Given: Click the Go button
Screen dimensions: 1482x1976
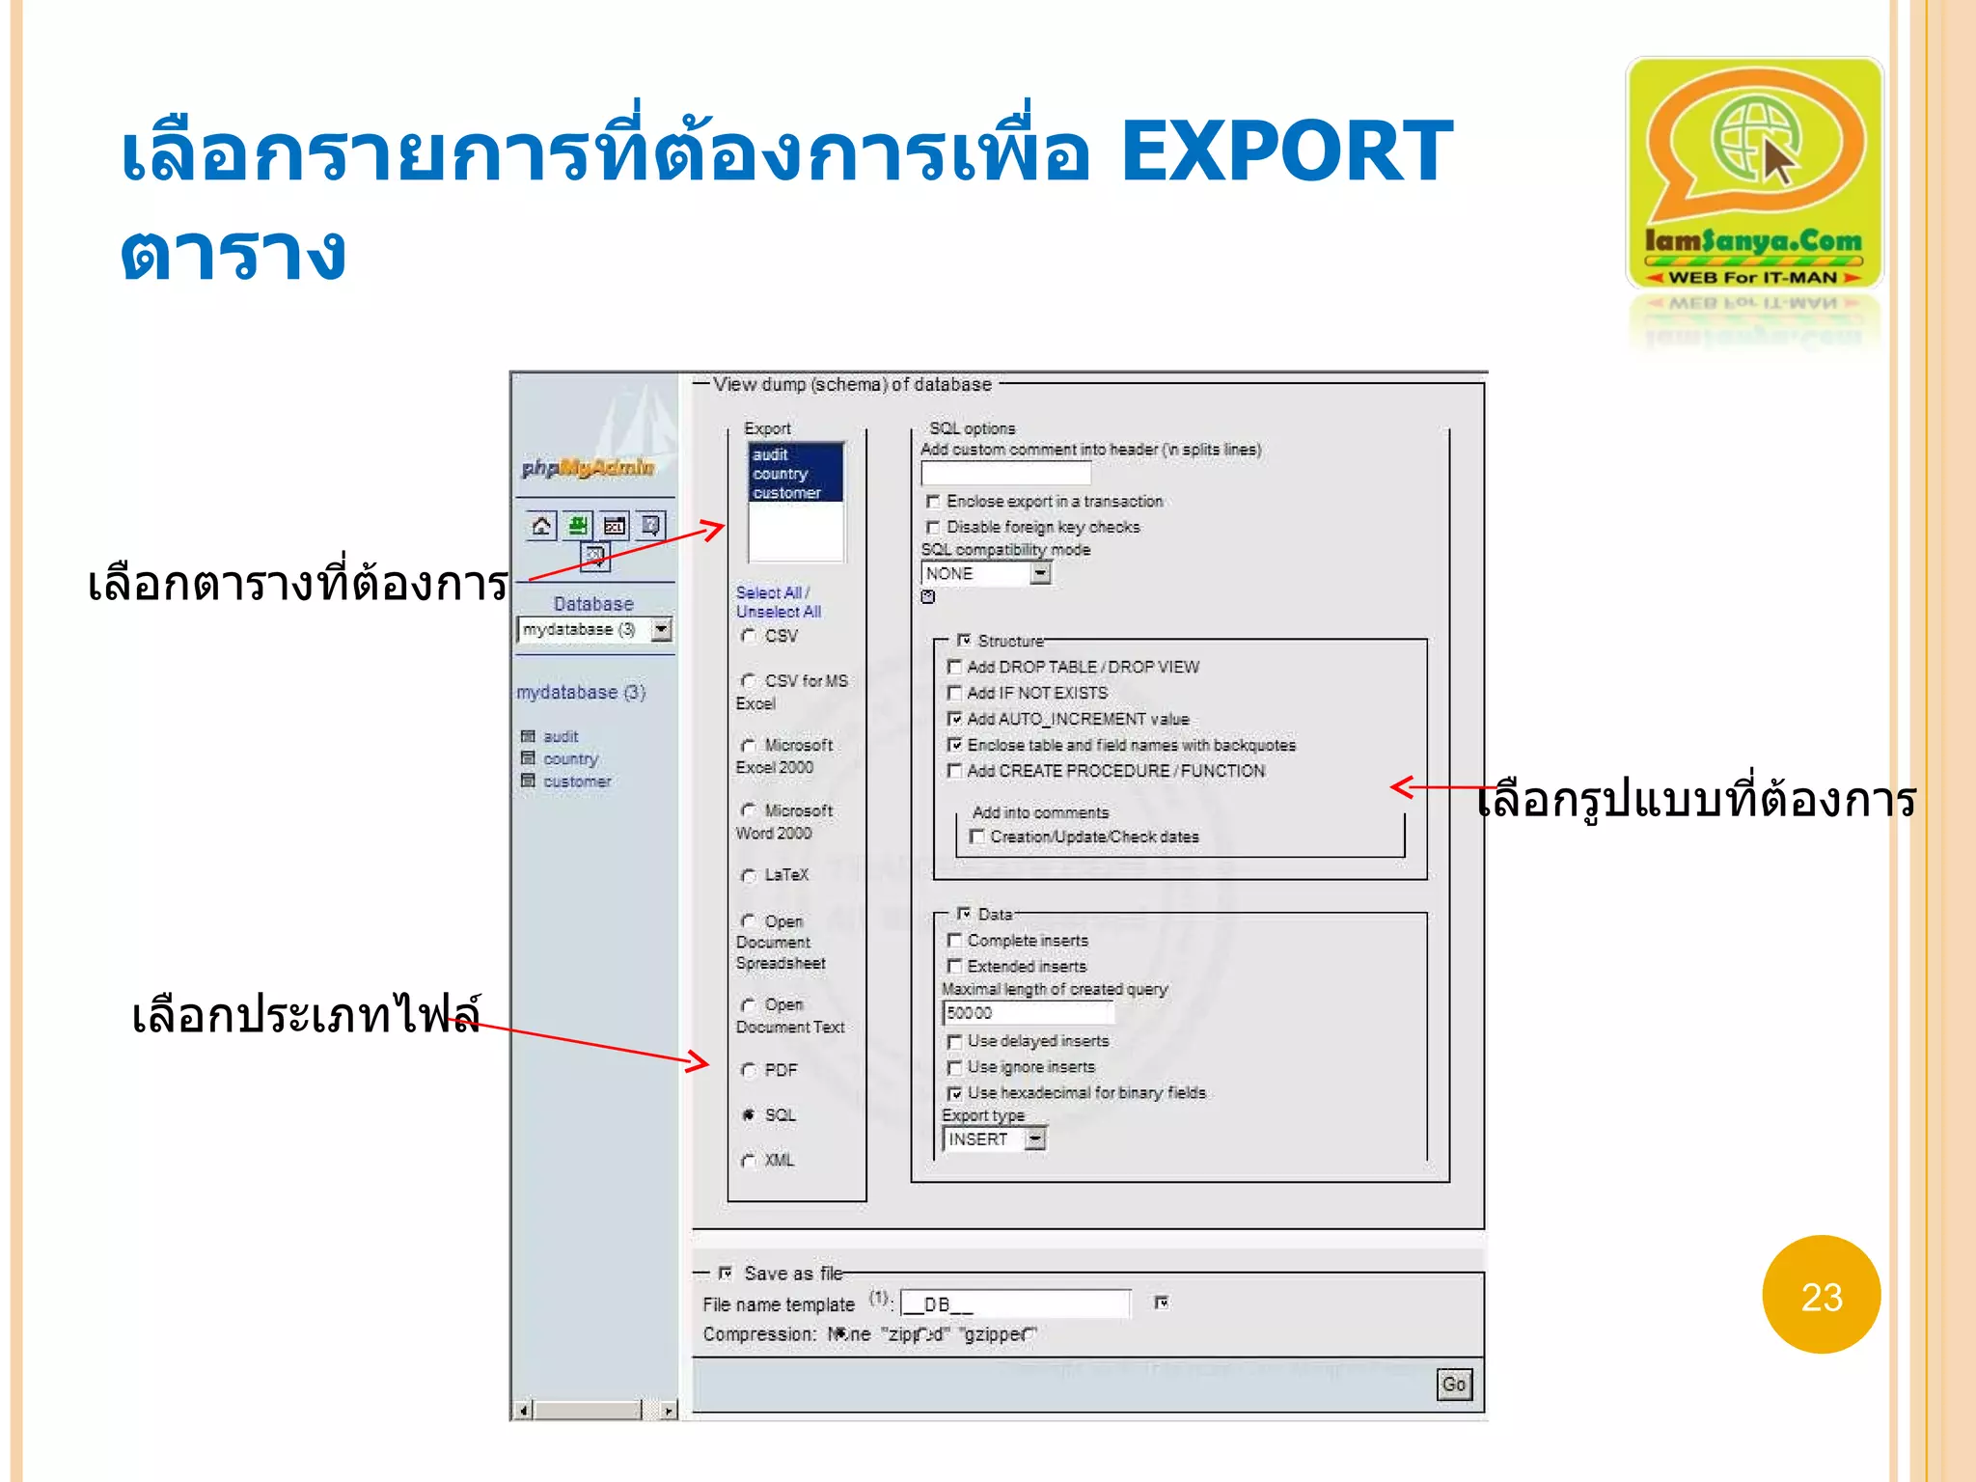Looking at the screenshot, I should (1453, 1385).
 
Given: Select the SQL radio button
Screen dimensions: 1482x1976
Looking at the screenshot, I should (749, 1115).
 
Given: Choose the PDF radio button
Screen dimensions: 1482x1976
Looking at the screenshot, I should (749, 1070).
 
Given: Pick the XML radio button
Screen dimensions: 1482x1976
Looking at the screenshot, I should (749, 1161).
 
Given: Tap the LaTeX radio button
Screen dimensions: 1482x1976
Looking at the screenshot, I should (749, 875).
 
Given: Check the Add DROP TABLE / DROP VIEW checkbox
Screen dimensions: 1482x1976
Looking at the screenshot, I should (954, 667).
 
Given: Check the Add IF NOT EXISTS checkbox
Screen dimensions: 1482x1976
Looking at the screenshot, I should (954, 693).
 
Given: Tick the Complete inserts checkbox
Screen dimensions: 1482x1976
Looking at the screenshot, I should (954, 940).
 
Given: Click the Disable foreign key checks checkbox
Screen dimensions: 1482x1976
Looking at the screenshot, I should (933, 527).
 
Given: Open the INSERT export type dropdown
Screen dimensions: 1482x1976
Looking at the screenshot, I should (1034, 1139).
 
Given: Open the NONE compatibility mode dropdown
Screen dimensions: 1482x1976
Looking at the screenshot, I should (1039, 573).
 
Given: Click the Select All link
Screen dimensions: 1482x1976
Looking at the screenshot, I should (769, 592).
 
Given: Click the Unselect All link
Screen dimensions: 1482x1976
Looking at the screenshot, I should (778, 612).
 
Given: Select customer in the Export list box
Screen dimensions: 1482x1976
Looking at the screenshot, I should (786, 493).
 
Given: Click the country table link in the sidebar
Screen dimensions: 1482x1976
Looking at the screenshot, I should (570, 759).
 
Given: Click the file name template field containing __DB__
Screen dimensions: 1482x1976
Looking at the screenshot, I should (1015, 1304).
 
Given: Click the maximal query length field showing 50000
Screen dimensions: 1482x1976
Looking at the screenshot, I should (1028, 1013).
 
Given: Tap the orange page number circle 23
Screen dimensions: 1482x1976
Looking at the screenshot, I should (1821, 1296).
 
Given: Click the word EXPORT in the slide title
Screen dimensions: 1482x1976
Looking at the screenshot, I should (1286, 151).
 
